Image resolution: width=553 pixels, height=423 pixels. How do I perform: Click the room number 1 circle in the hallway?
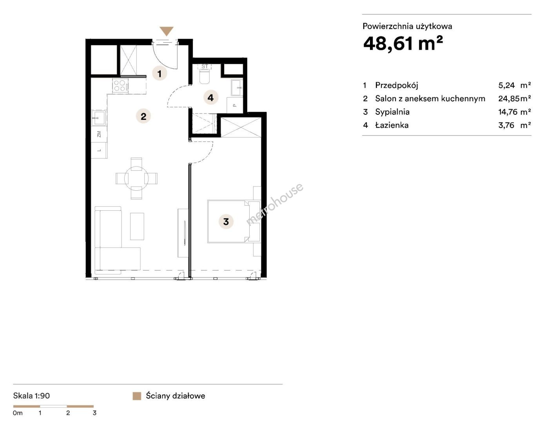[160, 74]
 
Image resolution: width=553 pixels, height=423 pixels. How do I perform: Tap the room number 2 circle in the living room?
[143, 116]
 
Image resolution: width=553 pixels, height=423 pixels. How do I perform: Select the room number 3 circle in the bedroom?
[226, 222]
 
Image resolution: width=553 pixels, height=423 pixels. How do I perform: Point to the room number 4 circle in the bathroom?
[210, 98]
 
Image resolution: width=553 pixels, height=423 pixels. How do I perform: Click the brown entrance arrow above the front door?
[167, 31]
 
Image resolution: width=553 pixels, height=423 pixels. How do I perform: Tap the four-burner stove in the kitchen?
[120, 85]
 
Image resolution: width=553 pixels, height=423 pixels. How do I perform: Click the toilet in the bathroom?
[204, 76]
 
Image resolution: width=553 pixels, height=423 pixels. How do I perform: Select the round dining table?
[136, 179]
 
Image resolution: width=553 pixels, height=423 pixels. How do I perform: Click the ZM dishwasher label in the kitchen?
[99, 134]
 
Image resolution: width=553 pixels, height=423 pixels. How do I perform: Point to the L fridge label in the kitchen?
[99, 150]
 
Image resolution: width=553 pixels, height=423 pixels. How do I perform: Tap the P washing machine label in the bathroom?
[235, 105]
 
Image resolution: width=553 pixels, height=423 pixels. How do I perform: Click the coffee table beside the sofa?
[137, 226]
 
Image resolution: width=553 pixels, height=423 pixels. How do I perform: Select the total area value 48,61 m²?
[403, 44]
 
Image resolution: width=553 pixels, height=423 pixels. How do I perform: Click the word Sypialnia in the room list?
[392, 112]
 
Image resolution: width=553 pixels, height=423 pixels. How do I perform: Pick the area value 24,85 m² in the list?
[515, 98]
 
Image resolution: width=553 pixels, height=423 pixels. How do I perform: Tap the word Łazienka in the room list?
[392, 125]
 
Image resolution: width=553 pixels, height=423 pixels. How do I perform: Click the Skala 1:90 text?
[31, 396]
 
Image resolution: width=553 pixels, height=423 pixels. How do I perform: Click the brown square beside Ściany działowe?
[137, 396]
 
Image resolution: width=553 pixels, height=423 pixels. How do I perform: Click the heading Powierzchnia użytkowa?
[407, 27]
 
